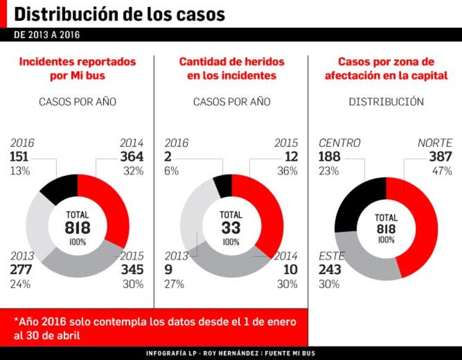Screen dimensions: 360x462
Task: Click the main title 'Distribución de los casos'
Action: (x=119, y=14)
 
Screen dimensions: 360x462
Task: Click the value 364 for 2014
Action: (x=131, y=157)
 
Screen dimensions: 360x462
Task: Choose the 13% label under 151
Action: (x=19, y=171)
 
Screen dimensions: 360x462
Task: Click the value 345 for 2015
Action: (x=131, y=270)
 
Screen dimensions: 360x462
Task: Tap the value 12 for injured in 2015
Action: (x=291, y=157)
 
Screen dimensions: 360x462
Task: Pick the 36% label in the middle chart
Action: (x=288, y=171)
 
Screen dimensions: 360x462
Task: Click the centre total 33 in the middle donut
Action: (x=231, y=228)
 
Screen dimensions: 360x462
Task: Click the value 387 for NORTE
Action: (x=440, y=157)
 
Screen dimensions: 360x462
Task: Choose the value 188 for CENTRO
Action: (x=331, y=157)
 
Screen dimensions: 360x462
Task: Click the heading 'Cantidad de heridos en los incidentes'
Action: (x=232, y=69)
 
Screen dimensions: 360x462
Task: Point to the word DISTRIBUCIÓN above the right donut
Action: (x=386, y=102)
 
